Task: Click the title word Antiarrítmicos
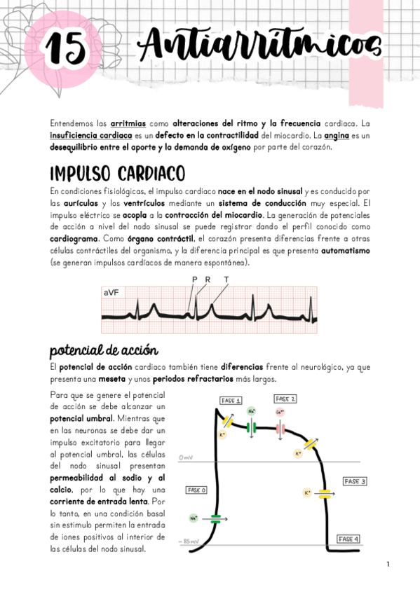[259, 47]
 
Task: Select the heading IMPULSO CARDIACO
[117, 172]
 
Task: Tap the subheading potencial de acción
[104, 350]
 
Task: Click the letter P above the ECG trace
[194, 279]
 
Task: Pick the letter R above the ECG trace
[208, 279]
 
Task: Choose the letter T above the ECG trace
[226, 279]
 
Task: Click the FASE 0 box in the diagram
[196, 490]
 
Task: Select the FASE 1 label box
[231, 401]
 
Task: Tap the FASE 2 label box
[285, 399]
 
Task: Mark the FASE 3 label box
[355, 481]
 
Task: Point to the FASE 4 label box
[348, 539]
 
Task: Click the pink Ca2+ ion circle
[280, 412]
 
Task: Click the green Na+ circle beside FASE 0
[194, 519]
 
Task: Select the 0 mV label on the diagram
[187, 457]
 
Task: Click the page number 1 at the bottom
[387, 564]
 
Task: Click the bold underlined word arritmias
[127, 123]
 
